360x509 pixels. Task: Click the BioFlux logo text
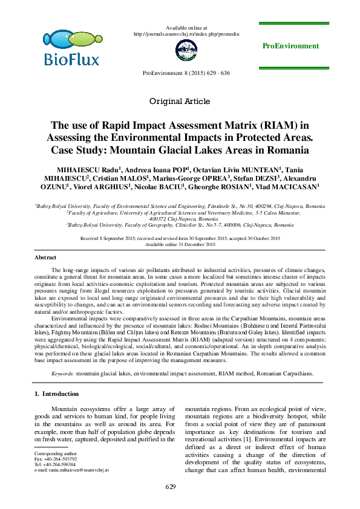point(71,59)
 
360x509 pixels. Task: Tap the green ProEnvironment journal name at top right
point(290,46)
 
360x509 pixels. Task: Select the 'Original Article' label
point(180,101)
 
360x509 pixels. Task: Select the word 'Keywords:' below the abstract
point(63,374)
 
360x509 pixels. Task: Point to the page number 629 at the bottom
point(180,487)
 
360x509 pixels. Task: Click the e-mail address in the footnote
point(72,469)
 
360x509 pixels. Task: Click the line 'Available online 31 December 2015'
point(180,244)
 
